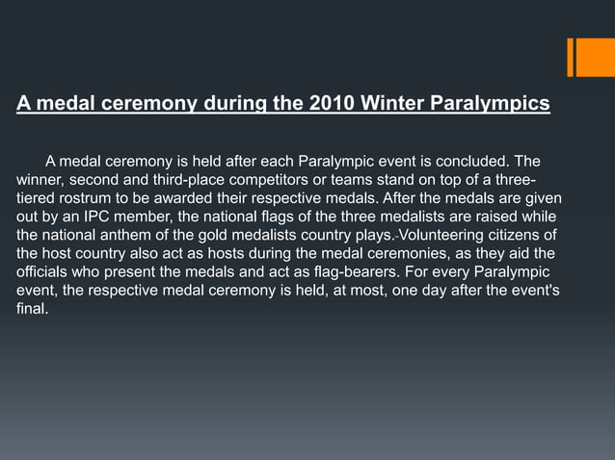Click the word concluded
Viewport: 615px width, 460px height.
point(476,159)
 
